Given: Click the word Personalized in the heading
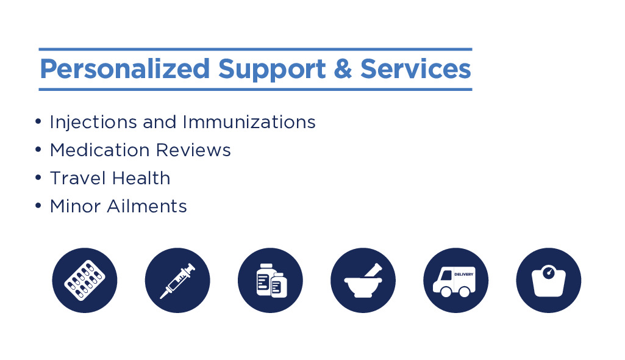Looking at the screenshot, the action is [x=125, y=70].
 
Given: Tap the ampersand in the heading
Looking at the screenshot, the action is [x=343, y=68].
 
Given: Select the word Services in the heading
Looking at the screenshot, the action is [x=416, y=68].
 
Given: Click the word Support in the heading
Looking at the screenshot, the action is [x=272, y=70].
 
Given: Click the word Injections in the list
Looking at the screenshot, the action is [x=93, y=123].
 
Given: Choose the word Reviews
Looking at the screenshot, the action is [x=193, y=150].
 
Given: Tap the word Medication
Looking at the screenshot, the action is [x=99, y=150].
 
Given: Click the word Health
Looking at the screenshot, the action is [x=140, y=178].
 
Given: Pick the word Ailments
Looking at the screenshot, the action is [x=147, y=206].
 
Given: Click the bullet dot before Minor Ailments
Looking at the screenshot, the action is [x=38, y=206].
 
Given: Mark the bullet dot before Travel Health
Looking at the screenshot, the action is [x=38, y=178].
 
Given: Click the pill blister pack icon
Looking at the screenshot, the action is [x=85, y=280].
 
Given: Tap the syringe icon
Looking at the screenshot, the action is [x=177, y=280].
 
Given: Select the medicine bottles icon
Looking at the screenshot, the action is [x=270, y=280].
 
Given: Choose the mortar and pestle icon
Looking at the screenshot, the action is [x=363, y=280].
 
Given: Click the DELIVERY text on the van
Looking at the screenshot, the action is [x=463, y=275].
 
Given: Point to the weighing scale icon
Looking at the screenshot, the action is [x=548, y=280].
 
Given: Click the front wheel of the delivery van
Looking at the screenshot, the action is [x=446, y=292].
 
